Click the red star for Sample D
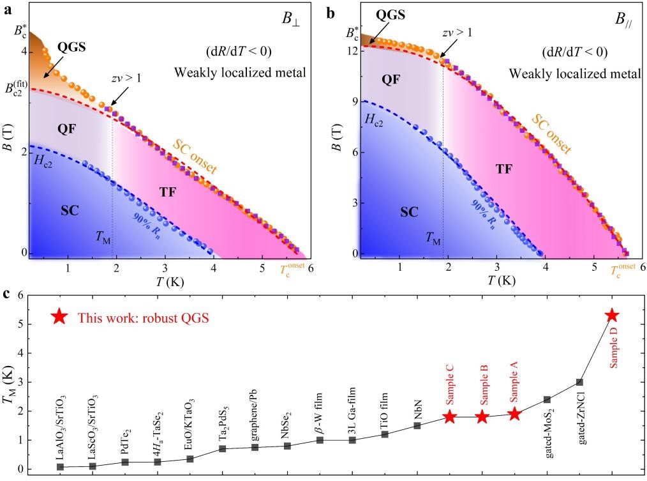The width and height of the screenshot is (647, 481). (612, 316)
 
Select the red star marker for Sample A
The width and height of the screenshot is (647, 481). (515, 414)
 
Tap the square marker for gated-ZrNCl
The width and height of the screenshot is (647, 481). (579, 382)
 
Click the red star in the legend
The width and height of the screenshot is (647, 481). (59, 317)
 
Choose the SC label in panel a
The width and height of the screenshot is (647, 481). (70, 211)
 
